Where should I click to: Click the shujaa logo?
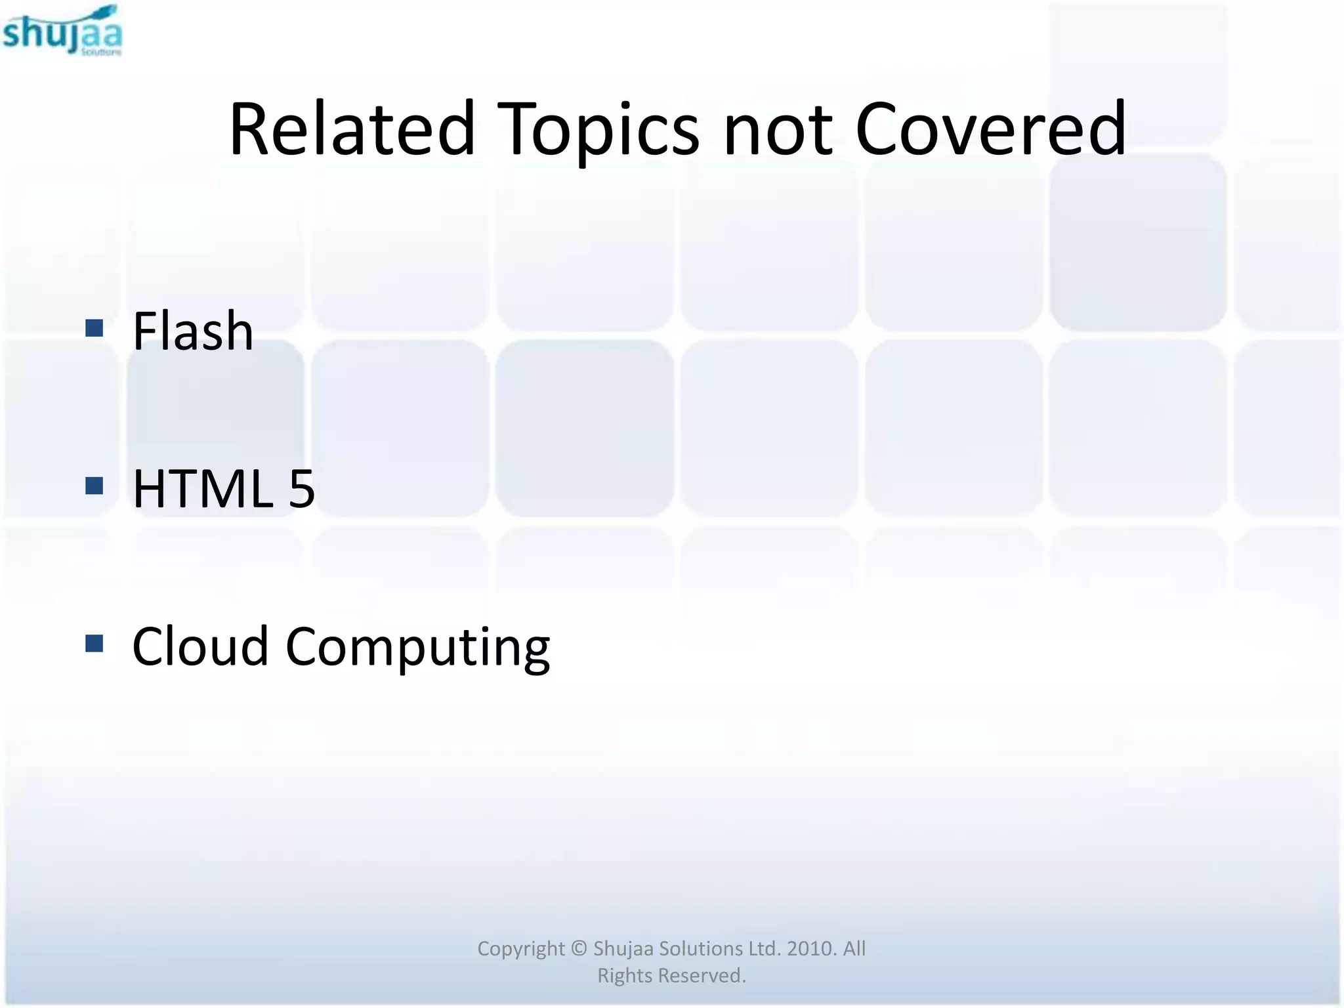coord(62,31)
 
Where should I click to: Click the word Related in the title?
coord(352,129)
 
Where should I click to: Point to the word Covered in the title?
coord(990,129)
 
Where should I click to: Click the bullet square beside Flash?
coord(94,327)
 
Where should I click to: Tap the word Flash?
coord(192,331)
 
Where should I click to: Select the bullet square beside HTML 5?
coord(94,486)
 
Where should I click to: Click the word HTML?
coord(203,489)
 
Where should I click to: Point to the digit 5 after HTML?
coord(302,489)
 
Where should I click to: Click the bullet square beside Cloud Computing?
coord(94,643)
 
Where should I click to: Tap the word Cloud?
coord(200,646)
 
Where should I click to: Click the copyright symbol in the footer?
coord(579,948)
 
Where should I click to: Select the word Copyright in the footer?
coord(520,949)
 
